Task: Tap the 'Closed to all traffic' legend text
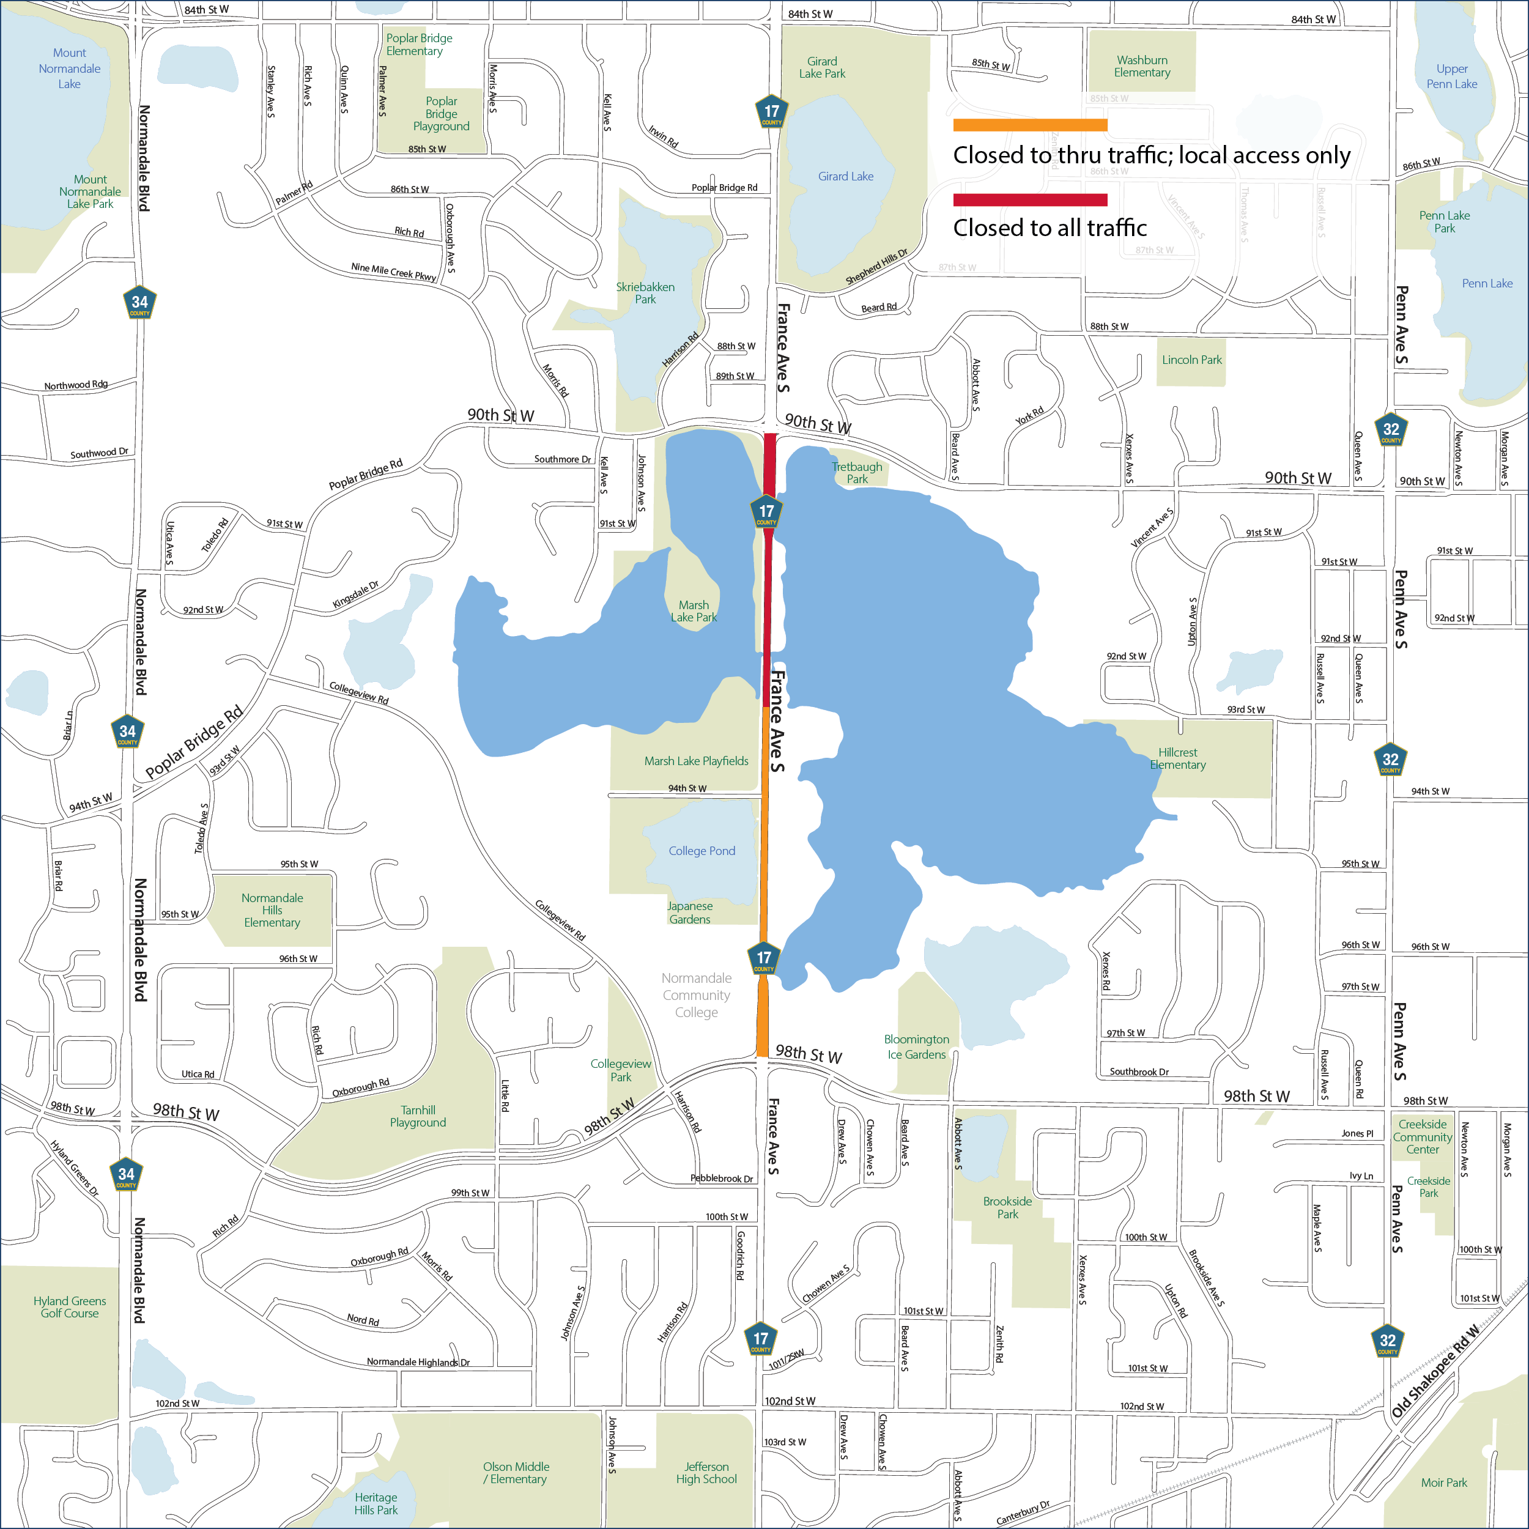point(1050,228)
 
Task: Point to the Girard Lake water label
point(845,177)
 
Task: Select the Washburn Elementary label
point(1141,67)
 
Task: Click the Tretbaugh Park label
point(856,473)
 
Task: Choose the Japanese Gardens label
point(689,913)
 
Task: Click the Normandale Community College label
point(697,995)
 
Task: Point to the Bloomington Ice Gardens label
point(916,1046)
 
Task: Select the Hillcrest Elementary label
point(1177,758)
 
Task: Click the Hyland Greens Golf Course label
point(70,1306)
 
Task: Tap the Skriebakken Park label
point(645,293)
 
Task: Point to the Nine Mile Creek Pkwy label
point(393,272)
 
